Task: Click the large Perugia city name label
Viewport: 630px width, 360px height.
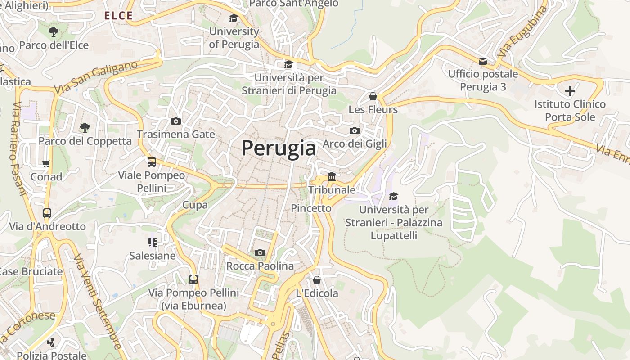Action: (279, 148)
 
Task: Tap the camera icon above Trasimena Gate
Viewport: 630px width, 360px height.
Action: (176, 121)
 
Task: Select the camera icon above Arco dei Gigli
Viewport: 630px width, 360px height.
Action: (355, 130)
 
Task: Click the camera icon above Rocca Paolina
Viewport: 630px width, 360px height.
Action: (260, 252)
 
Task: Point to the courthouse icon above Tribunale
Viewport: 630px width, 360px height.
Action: (332, 176)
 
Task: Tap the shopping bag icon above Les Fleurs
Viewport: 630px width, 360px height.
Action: (373, 96)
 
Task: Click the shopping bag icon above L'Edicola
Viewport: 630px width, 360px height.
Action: (317, 279)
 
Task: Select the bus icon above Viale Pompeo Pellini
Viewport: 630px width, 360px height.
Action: (152, 162)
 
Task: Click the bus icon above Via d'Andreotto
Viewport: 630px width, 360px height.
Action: (47, 213)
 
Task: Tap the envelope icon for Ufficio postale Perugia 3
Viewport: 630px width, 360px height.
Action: (483, 61)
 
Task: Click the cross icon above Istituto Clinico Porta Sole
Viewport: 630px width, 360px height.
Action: (570, 91)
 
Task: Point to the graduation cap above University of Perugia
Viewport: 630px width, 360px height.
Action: (234, 18)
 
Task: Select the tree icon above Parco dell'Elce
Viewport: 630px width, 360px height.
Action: (54, 31)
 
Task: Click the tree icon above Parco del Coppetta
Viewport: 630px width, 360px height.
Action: (85, 127)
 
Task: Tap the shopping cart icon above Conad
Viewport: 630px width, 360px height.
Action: (46, 163)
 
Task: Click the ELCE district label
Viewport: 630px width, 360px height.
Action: (118, 16)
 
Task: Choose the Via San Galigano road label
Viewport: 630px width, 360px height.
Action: (96, 78)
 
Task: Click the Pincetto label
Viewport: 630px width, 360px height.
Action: (311, 208)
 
